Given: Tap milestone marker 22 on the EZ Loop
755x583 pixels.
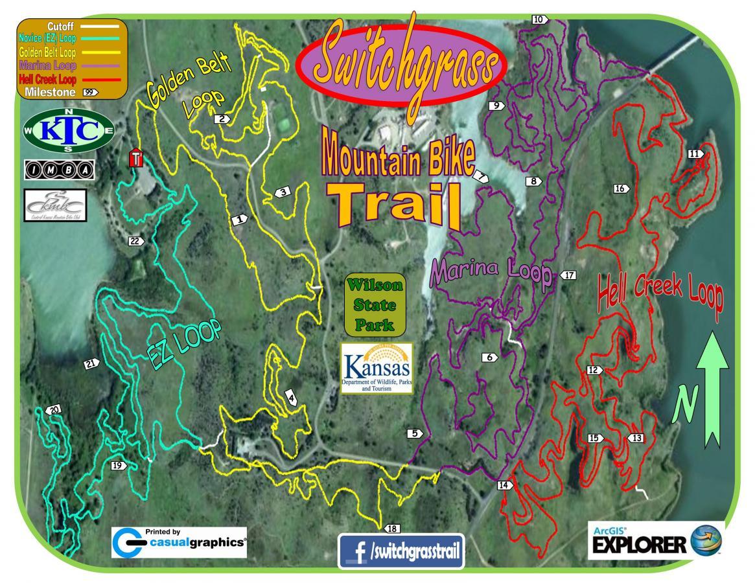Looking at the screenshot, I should pyautogui.click(x=136, y=241).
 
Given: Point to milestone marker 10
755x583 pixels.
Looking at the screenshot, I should pyautogui.click(x=539, y=19).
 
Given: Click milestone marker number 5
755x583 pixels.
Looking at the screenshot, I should pyautogui.click(x=414, y=433).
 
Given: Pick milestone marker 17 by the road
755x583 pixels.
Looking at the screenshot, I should pyautogui.click(x=568, y=275).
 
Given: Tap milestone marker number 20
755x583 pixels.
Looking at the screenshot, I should pyautogui.click(x=54, y=409).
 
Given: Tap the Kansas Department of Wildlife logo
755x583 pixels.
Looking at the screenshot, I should pyautogui.click(x=377, y=369).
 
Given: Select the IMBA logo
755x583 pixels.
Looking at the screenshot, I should pyautogui.click(x=59, y=170).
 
